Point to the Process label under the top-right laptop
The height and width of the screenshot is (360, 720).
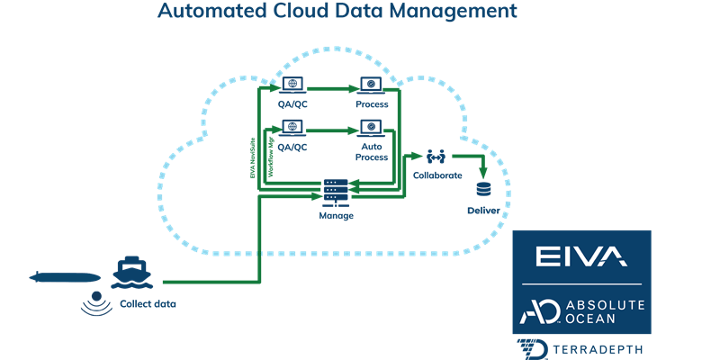[x=372, y=105]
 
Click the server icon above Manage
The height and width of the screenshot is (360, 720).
[x=336, y=193]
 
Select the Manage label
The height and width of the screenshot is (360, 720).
[x=336, y=216]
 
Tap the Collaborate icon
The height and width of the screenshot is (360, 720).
[x=431, y=157]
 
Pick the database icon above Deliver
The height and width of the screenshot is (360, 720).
[x=483, y=190]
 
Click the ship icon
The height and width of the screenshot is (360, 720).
[x=130, y=271]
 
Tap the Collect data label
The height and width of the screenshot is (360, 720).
[x=148, y=304]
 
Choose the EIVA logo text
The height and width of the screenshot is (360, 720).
[x=580, y=258]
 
